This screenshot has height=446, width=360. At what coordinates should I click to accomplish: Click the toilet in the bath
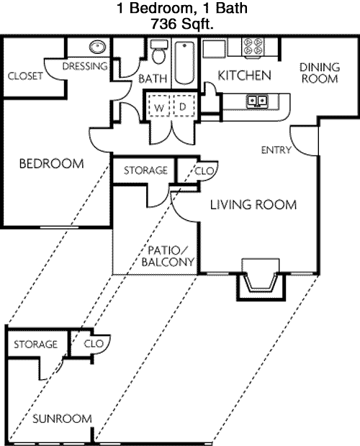coord(158,52)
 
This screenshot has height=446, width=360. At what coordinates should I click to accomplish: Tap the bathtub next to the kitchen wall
coord(184,63)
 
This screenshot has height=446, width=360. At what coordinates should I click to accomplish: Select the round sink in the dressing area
coord(97,47)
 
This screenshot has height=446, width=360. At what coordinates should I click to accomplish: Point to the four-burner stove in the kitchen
coord(253,47)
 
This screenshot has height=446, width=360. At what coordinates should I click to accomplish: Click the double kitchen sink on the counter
coord(258,101)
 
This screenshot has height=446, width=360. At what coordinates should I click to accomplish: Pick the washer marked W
coord(158,105)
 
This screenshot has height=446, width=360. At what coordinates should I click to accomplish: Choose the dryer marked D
coord(184,105)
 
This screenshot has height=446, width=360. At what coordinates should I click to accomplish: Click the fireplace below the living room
coord(261,280)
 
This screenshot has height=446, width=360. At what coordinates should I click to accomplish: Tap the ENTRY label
coord(276,150)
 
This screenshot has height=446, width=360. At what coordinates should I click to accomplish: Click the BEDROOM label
coord(52,163)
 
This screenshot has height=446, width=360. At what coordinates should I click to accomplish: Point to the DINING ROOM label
coord(320,73)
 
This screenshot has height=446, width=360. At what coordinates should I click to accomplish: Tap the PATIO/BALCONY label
coord(168,256)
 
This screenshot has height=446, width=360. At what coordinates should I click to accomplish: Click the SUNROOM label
coord(62,419)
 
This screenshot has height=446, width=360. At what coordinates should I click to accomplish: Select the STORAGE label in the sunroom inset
coord(35,344)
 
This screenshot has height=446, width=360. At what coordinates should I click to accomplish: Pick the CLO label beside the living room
coord(204,171)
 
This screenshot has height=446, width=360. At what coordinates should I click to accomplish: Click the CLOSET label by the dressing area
coord(25,76)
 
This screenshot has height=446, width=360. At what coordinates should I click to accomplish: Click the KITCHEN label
coord(244,76)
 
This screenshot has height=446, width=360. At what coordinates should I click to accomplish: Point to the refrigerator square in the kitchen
coord(214,49)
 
